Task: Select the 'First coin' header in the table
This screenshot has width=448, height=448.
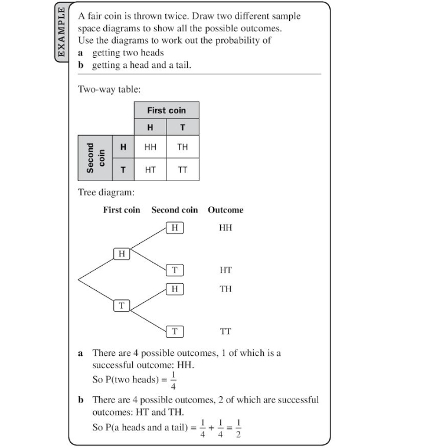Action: [x=166, y=110]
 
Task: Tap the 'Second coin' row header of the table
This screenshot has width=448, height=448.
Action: [x=94, y=158]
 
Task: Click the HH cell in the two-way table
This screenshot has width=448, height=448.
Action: [x=151, y=147]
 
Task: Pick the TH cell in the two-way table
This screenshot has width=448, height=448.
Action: [x=182, y=147]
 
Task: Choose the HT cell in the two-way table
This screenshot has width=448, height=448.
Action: [x=151, y=169]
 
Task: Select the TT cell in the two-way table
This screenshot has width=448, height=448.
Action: [x=182, y=169]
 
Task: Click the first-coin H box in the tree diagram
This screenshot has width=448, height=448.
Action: [x=122, y=254]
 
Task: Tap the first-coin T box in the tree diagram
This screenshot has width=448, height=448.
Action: [x=122, y=305]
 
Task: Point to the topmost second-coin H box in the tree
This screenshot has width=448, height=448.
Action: [x=175, y=227]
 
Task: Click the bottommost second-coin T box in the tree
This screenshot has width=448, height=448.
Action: [x=175, y=331]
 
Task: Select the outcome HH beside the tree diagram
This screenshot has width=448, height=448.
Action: [x=225, y=227]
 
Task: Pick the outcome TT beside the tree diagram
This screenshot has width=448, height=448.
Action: [x=225, y=332]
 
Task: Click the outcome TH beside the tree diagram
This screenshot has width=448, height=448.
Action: [x=225, y=289]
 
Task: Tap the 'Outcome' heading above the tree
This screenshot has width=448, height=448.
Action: [x=225, y=210]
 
